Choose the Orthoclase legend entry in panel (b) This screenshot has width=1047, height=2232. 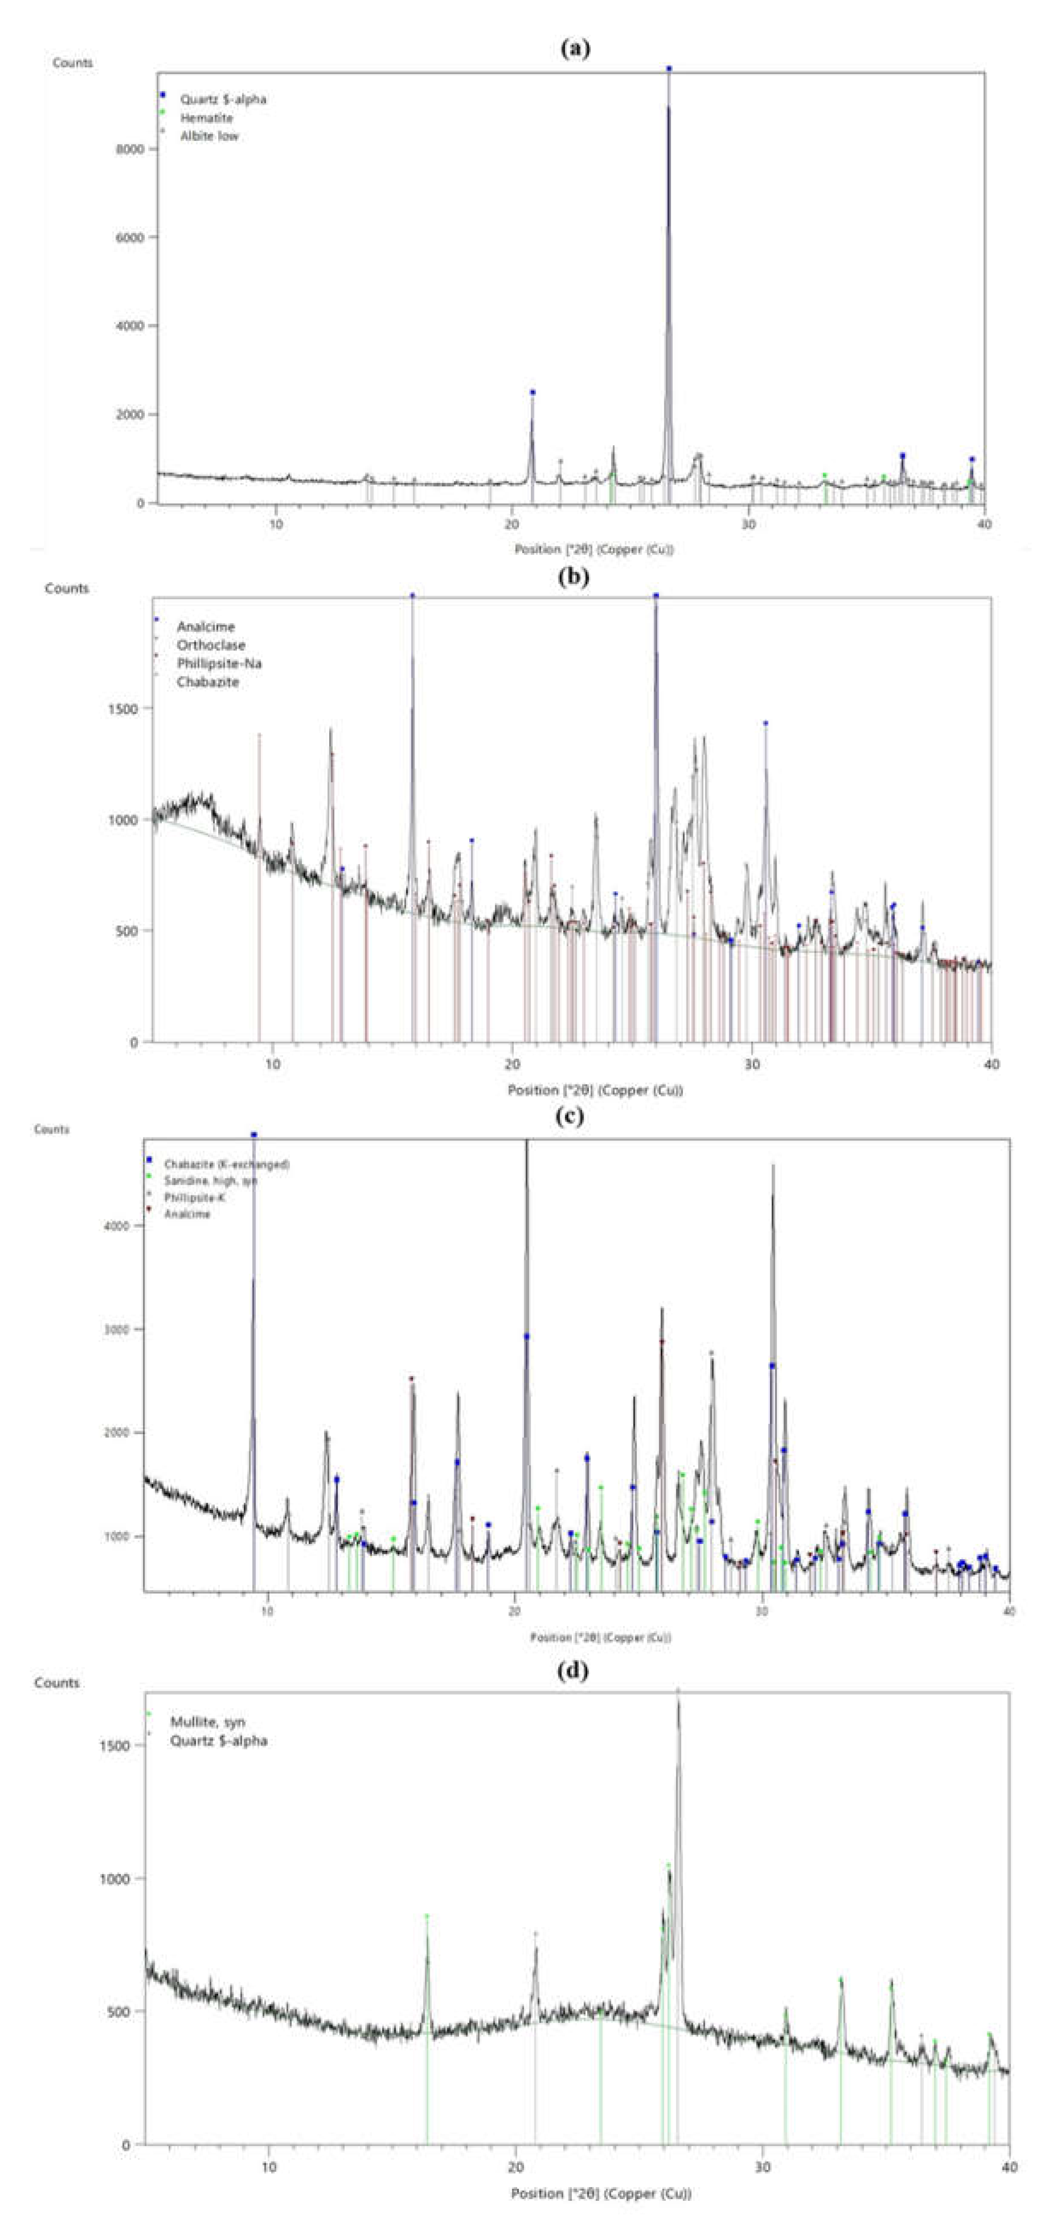(211, 644)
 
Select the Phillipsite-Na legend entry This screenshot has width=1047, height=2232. (219, 663)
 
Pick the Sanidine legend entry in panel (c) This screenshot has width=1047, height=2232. (211, 1180)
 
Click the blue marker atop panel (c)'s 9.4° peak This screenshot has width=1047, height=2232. (254, 1134)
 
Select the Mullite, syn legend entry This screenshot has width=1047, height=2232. (207, 1722)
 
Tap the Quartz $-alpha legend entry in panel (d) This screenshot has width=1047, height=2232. (218, 1740)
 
